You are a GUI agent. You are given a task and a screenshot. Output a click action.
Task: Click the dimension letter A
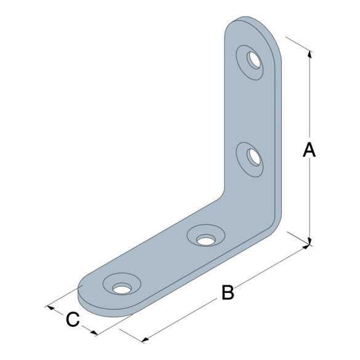[309, 150]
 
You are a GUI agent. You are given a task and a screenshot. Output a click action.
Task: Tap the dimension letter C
[73, 319]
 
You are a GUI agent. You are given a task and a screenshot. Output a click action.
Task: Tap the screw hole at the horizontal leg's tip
[121, 287]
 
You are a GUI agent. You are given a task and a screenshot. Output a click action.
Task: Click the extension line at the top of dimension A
[298, 46]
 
